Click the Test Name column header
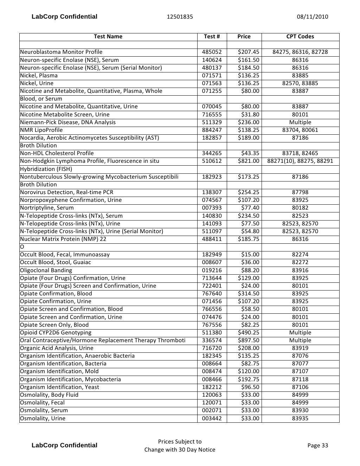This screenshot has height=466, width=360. tap(108, 37)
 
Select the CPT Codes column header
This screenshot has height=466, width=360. tap(300, 37)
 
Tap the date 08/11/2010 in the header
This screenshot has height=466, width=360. tap(312, 17)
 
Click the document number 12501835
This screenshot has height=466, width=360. tap(180, 17)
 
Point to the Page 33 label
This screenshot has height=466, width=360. tap(317, 445)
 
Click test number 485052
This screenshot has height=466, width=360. tap(212, 52)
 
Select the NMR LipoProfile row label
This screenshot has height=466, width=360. tap(41, 130)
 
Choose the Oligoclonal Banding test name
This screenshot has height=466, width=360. tap(46, 270)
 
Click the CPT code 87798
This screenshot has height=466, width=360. tap(300, 192)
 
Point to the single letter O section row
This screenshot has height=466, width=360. tap(22, 247)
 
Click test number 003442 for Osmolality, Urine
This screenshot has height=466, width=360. tap(212, 419)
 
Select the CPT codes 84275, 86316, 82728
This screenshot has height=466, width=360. tap(300, 52)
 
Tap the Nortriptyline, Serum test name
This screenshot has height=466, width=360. tap(47, 208)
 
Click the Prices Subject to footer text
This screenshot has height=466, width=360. tap(180, 442)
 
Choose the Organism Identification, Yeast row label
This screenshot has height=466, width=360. tap(59, 387)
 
